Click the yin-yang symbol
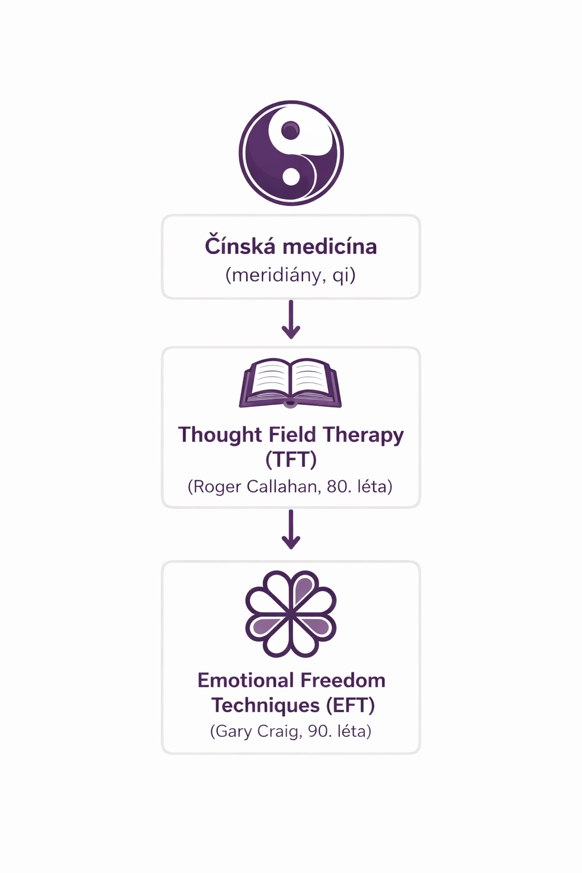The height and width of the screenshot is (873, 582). tap(291, 153)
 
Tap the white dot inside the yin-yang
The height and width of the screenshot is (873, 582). tap(291, 176)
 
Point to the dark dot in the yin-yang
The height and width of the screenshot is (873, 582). tap(290, 131)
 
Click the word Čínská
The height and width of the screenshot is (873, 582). tap(239, 247)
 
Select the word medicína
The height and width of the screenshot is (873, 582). tap(330, 247)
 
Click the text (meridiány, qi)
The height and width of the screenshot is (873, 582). tap(290, 276)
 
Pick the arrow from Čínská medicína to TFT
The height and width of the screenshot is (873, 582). tap(291, 320)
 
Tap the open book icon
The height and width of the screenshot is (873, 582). tap(290, 383)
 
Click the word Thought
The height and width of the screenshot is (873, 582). tap(220, 435)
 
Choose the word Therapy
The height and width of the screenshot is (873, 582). tap(364, 435)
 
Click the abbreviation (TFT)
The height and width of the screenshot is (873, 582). tap(291, 459)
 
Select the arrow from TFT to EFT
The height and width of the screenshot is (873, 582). tap(291, 530)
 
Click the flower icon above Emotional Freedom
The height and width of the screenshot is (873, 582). tap(291, 614)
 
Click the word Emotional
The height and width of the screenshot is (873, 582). tap(246, 680)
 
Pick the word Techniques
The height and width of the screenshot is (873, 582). tap(265, 705)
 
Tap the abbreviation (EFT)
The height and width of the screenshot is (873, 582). tap(351, 705)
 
